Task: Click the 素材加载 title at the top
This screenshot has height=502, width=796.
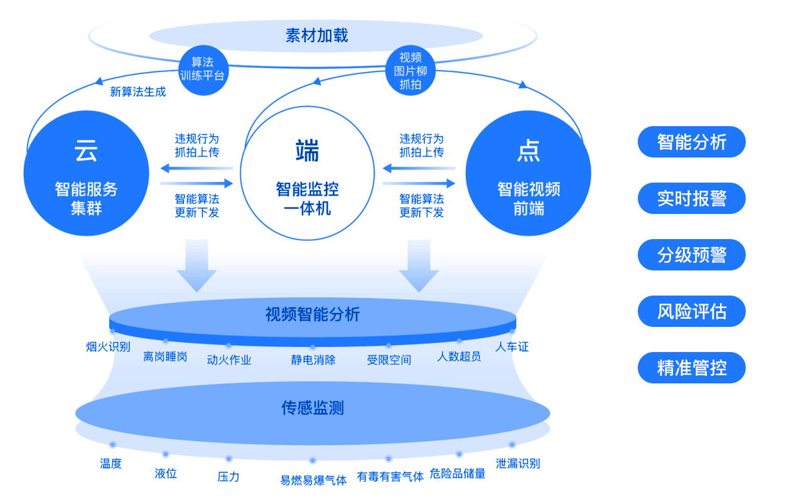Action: click(x=316, y=35)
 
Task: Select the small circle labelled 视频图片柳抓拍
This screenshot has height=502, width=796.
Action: click(x=410, y=71)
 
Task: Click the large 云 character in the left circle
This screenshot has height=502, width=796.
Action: click(x=86, y=151)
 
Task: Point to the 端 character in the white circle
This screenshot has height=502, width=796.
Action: click(x=307, y=151)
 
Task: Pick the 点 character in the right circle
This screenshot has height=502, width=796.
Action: click(x=528, y=151)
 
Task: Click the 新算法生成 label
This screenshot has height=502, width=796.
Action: click(x=138, y=92)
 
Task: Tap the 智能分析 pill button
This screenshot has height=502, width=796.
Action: click(x=691, y=142)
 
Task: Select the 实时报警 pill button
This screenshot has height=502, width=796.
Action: click(x=691, y=198)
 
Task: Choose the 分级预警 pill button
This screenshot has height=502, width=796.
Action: click(x=691, y=255)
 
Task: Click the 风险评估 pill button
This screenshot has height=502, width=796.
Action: click(x=691, y=311)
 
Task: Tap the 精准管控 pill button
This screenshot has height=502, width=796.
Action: click(x=691, y=368)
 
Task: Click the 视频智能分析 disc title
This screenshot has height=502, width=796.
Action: click(x=313, y=314)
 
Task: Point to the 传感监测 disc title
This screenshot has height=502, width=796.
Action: click(x=313, y=409)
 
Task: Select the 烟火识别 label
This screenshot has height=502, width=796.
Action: click(x=108, y=346)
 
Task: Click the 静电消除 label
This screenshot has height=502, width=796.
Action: click(x=313, y=360)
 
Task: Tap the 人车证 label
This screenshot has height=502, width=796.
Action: click(x=512, y=346)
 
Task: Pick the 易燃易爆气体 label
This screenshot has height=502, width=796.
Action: click(x=313, y=481)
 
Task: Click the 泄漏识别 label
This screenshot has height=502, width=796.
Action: click(x=517, y=464)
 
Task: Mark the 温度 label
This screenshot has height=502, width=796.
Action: click(x=110, y=464)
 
